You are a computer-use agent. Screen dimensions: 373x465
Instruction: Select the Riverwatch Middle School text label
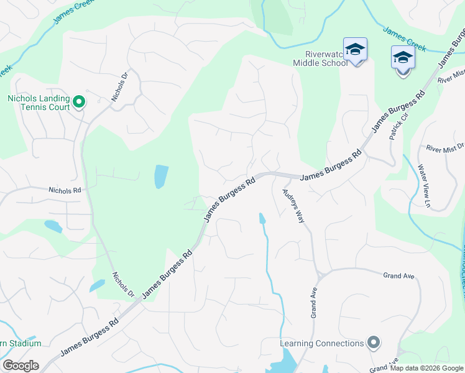(x=318, y=58)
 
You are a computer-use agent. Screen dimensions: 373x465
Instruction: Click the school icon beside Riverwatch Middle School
(x=355, y=49)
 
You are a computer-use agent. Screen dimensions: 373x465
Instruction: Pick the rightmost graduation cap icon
(x=403, y=58)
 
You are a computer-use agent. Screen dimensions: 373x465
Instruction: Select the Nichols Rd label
(x=65, y=190)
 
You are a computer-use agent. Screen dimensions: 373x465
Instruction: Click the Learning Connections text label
(x=321, y=343)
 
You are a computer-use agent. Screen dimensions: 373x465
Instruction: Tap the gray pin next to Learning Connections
(x=373, y=342)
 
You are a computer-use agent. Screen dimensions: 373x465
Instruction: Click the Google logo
(x=21, y=366)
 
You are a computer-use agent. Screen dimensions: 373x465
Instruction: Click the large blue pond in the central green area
(x=161, y=177)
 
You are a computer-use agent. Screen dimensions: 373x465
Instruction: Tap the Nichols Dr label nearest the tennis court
(x=119, y=88)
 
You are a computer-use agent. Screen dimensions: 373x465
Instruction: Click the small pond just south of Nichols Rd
(x=53, y=226)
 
